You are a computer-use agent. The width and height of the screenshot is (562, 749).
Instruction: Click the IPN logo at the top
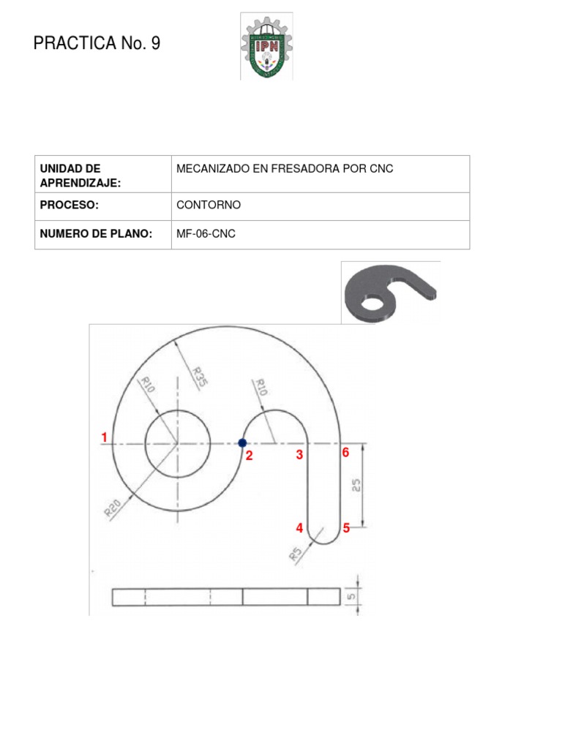(266, 46)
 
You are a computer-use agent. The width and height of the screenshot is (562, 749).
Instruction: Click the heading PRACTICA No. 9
(97, 44)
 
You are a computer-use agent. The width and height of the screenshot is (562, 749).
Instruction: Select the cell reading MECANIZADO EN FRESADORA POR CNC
(285, 169)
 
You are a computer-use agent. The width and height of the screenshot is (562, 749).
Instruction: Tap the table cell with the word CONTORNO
(209, 206)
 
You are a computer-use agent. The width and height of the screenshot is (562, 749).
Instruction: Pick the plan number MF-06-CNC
(206, 234)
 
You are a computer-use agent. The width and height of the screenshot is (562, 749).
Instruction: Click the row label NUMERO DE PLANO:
(96, 234)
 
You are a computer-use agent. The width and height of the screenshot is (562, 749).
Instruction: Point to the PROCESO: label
(70, 206)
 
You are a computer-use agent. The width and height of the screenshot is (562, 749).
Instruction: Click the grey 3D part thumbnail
(389, 292)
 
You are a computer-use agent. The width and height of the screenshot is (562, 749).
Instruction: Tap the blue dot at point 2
(242, 443)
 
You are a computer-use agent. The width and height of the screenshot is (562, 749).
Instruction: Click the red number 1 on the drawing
(105, 437)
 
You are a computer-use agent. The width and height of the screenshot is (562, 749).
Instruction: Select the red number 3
(299, 455)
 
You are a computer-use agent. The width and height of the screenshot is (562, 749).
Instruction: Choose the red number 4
(299, 528)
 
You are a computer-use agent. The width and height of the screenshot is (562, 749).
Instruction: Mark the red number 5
(347, 528)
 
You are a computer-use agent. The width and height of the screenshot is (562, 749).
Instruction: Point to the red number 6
(346, 453)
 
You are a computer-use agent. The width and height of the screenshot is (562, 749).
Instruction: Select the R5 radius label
(296, 554)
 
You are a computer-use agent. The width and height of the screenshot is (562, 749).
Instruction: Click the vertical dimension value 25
(356, 486)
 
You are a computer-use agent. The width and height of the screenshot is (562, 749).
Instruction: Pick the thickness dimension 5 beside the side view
(353, 596)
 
